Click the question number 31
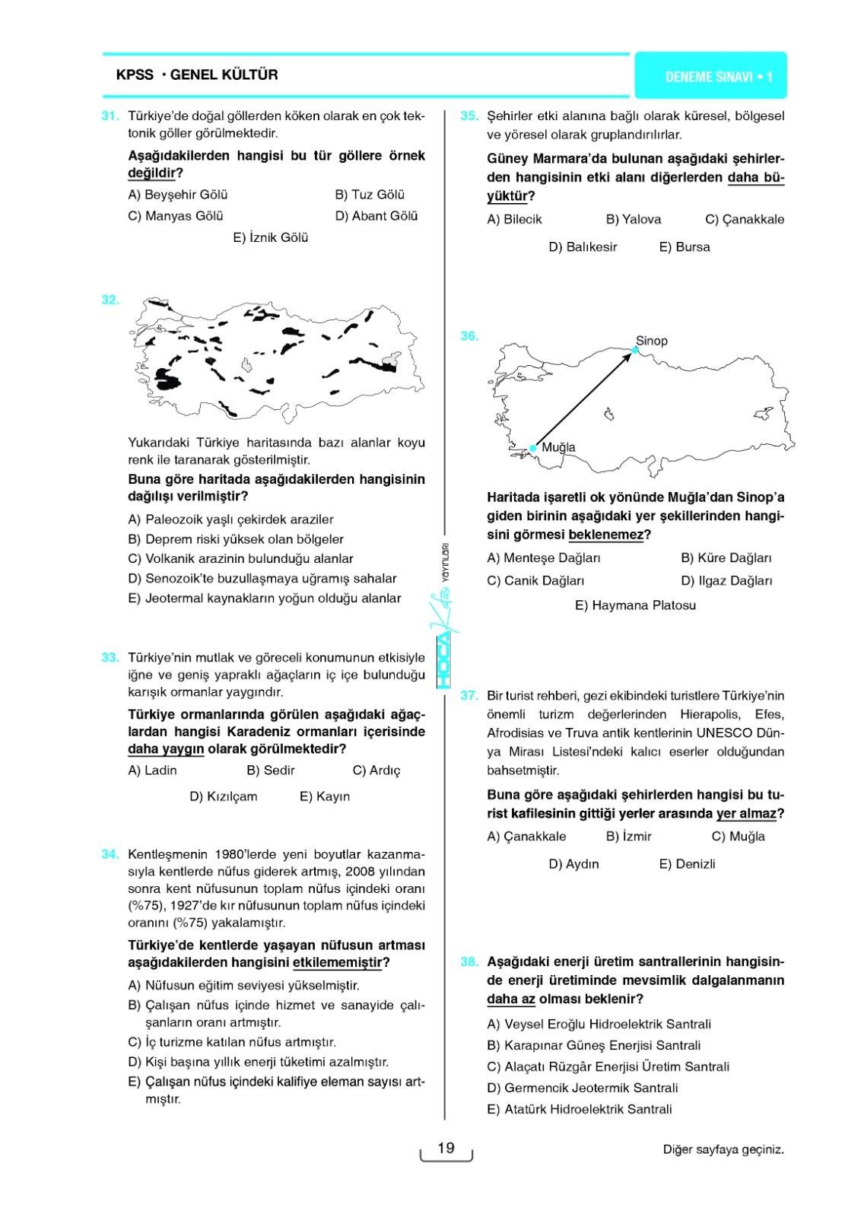coord(110,116)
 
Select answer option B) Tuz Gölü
coord(370,195)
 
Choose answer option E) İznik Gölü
coord(271,237)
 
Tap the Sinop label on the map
coord(651,341)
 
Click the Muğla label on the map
coord(558,447)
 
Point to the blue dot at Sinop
coord(635,350)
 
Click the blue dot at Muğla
coord(533,448)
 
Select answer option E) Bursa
coord(685,246)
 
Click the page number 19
coord(446,1148)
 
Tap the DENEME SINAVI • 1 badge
coord(710,76)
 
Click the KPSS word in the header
coord(135,75)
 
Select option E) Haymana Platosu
coord(635,605)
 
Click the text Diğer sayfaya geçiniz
coord(723,1149)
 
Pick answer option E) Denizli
coord(687,864)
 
